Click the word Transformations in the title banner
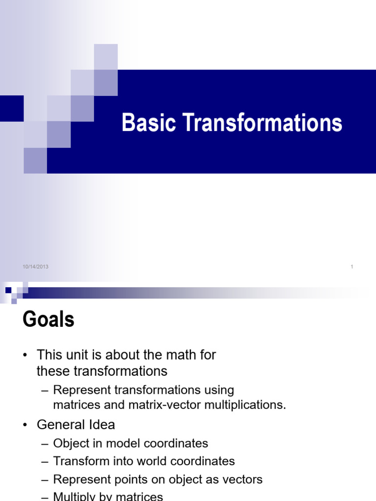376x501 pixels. pos(263,123)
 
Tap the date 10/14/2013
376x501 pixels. pos(35,267)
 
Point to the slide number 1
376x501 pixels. pos(352,267)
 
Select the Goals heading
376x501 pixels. pos(48,320)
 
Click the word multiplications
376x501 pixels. pos(246,405)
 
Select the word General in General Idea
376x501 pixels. pos(61,424)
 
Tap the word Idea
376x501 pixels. pos(101,424)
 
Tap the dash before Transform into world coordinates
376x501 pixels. pos(45,461)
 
